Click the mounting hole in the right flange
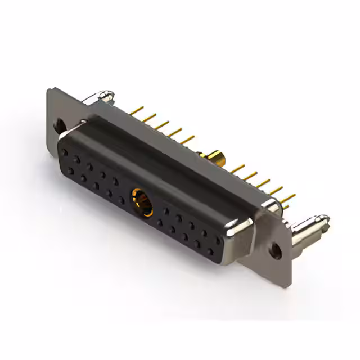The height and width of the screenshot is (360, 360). click(276, 250)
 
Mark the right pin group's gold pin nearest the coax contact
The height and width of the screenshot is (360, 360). click(237, 168)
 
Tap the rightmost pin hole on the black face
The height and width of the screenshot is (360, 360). click(218, 241)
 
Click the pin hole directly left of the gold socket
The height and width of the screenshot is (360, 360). click(121, 200)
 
